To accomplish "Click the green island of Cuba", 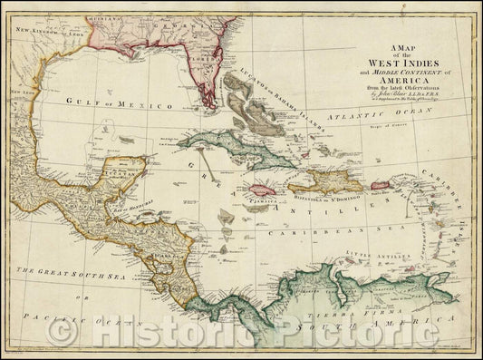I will tap(231, 149).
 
